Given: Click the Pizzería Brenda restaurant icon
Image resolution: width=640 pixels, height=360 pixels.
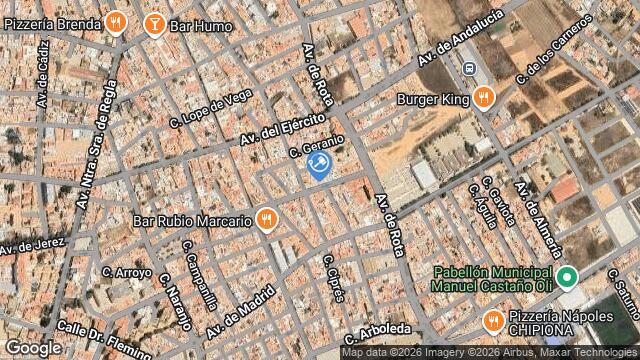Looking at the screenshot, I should [116, 21].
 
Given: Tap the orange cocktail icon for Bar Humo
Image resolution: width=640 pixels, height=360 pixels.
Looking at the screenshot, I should [154, 22].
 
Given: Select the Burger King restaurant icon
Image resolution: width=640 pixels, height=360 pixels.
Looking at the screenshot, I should [484, 98].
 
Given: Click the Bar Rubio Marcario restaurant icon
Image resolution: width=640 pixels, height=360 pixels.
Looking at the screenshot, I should [266, 218].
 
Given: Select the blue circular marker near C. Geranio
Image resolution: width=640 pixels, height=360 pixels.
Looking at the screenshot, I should [320, 165].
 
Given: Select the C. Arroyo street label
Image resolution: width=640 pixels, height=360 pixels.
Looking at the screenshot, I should [127, 272].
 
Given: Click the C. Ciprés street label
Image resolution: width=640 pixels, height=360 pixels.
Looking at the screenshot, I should [333, 277].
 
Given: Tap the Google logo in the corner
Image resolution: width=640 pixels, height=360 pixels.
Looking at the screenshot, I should [32, 347].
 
